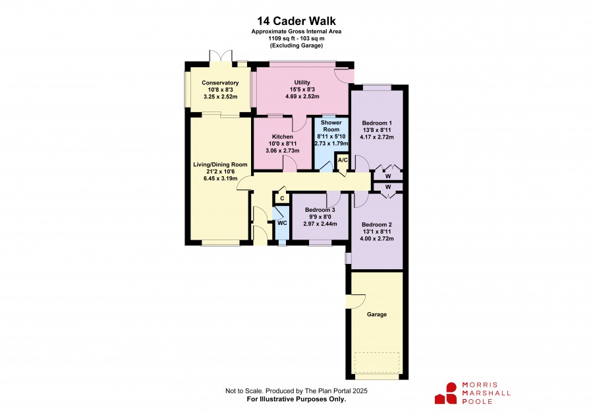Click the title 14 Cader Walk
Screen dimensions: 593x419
pyautogui.click(x=296, y=20)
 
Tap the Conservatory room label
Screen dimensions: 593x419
pyautogui.click(x=220, y=82)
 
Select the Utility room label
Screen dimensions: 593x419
pyautogui.click(x=302, y=82)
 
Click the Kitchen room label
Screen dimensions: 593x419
pyautogui.click(x=283, y=137)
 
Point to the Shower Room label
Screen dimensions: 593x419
pyautogui.click(x=331, y=126)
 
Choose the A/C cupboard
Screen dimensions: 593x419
pyautogui.click(x=343, y=160)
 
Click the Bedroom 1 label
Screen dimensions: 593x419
pyautogui.click(x=377, y=123)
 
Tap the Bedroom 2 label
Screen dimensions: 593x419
pyautogui.click(x=377, y=224)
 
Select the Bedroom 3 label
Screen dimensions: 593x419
pyautogui.click(x=320, y=210)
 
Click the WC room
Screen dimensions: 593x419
pyautogui.click(x=282, y=223)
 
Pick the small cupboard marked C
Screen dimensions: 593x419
pyautogui.click(x=282, y=198)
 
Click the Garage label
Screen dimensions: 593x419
pyautogui.click(x=377, y=315)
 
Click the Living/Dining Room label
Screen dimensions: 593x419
pyautogui.click(x=220, y=164)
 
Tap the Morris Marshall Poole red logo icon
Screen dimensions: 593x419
pyautogui.click(x=446, y=393)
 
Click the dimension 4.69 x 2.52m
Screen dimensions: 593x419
pyautogui.click(x=302, y=96)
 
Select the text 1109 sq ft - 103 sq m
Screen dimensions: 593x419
pyautogui.click(x=296, y=38)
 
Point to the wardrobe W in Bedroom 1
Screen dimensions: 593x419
pyautogui.click(x=388, y=176)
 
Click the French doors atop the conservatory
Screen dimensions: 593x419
pyautogui.click(x=220, y=55)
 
